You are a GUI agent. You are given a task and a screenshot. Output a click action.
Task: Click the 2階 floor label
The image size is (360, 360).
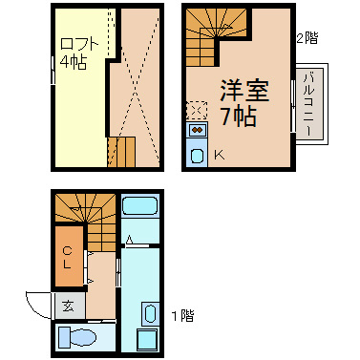[305, 38]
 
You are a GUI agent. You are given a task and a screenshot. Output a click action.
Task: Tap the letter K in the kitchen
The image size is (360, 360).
[218, 155]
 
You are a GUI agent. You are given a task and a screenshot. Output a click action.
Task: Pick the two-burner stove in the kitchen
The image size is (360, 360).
[198, 130]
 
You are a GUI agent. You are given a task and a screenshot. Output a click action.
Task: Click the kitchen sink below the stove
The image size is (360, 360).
[198, 156]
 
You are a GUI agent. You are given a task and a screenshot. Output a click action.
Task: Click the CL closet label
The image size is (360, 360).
[68, 256]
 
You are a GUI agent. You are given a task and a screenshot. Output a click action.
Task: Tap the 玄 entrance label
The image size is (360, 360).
[70, 307]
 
